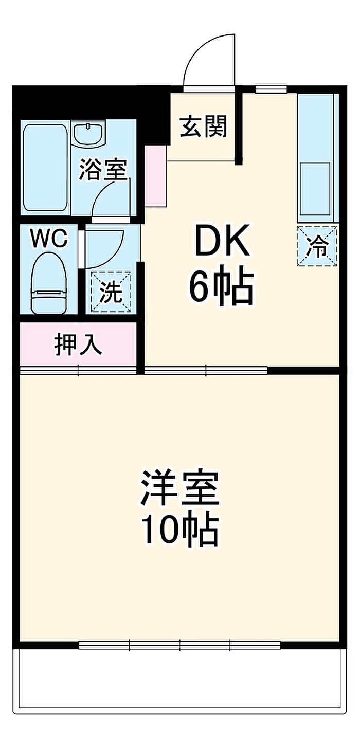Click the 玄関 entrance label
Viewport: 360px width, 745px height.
[204, 126]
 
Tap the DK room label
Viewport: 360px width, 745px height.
[223, 240]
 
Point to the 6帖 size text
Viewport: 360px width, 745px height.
[222, 288]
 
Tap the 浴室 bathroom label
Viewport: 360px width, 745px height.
[103, 170]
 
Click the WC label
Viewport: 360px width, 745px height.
[49, 239]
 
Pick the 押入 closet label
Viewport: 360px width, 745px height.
[78, 344]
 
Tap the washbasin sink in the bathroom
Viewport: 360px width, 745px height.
[89, 134]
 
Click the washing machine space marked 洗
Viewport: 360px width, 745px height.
[111, 292]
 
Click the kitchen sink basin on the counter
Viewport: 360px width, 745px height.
[315, 189]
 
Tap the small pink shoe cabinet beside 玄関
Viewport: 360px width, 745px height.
[155, 176]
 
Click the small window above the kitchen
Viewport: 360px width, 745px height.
[271, 88]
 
